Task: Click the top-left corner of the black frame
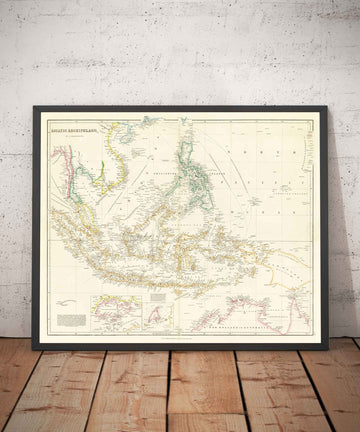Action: point(34,106)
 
